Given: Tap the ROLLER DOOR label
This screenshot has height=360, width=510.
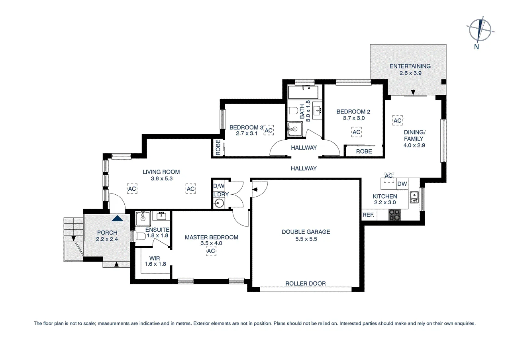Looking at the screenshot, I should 305,284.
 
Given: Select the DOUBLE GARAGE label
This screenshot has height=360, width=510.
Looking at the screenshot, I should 306,232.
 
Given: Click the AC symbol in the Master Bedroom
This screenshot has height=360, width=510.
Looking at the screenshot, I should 211,251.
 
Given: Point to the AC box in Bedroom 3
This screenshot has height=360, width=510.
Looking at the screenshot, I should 269,130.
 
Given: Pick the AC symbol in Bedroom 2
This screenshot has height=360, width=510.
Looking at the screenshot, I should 356,132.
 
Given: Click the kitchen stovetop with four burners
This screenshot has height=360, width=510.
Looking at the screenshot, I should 394,215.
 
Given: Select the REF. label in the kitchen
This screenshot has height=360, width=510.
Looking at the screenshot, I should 368,215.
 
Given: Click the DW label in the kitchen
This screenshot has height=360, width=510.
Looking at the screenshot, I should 402,184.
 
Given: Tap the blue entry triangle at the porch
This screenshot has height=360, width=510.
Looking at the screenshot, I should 117,218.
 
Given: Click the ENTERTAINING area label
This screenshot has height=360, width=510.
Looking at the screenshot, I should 410,66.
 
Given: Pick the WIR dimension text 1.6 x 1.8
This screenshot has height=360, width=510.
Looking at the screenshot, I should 155,264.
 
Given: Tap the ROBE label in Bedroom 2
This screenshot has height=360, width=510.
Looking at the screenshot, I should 364,151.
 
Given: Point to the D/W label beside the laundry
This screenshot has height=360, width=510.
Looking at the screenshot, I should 219,186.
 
